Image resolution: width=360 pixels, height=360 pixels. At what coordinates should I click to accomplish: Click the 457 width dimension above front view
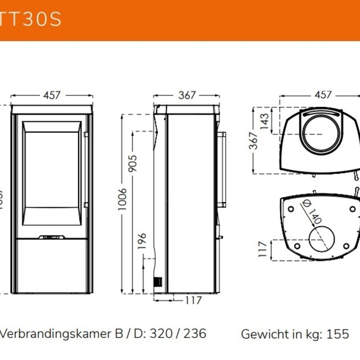(x=51, y=95)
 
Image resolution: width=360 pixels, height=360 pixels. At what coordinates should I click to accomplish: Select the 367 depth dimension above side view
(x=187, y=95)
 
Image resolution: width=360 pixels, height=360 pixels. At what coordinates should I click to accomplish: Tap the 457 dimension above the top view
(x=323, y=95)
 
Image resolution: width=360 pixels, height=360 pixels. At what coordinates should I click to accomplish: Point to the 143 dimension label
(x=265, y=120)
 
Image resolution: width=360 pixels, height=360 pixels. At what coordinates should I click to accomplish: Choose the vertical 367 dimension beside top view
(x=253, y=141)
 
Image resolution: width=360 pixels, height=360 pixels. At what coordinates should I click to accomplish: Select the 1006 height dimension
(x=122, y=200)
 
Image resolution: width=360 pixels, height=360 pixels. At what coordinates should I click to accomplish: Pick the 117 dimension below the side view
(x=192, y=301)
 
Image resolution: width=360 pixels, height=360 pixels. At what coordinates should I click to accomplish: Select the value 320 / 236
(x=178, y=333)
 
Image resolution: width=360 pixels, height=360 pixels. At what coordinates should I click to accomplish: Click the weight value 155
(x=338, y=334)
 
